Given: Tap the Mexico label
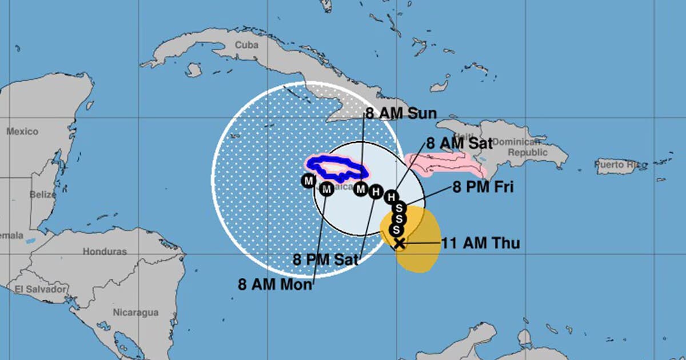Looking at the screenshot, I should pos(22,131).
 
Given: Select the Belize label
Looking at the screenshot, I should pos(43,194).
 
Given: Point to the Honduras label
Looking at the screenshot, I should pos(105,251).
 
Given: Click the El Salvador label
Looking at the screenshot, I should pos(41,289).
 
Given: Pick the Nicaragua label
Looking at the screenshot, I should pos(135,312).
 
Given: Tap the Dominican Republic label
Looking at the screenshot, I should pos(516,147).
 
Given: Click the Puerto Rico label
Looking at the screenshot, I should pos(617,165).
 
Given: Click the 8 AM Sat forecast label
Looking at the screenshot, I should pos(459,143).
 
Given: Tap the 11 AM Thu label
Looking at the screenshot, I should pos(480,243).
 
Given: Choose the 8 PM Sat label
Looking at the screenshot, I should pos(325,259).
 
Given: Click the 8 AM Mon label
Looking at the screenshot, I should pos(276,285).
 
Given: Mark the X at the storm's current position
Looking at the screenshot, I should pos(399,243).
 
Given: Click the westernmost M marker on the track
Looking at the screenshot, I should pos(308,181).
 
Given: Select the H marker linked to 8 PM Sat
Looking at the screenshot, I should pos(375,192).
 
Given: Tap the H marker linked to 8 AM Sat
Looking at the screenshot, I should pos(391,197).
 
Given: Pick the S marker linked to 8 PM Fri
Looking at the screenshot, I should pos(400,207).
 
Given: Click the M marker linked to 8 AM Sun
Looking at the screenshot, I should pos(361,189).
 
